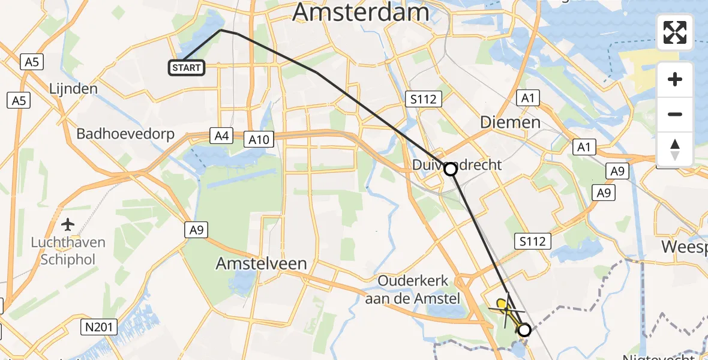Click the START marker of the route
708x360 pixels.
pyautogui.click(x=187, y=68)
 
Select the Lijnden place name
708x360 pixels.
pyautogui.click(x=74, y=89)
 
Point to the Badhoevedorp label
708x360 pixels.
pyautogui.click(x=125, y=133)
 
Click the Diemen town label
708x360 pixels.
pyautogui.click(x=510, y=122)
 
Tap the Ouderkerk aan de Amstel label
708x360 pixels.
pyautogui.click(x=418, y=289)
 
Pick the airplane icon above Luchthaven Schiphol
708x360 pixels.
pyautogui.click(x=68, y=225)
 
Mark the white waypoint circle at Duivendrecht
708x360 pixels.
pyautogui.click(x=450, y=169)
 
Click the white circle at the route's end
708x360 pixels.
pyautogui.click(x=524, y=329)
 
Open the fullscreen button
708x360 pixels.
pyautogui.click(x=675, y=32)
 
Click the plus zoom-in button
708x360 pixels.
pyautogui.click(x=675, y=79)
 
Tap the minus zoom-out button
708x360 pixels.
pyautogui.click(x=675, y=114)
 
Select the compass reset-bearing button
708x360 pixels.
pyautogui.click(x=675, y=149)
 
